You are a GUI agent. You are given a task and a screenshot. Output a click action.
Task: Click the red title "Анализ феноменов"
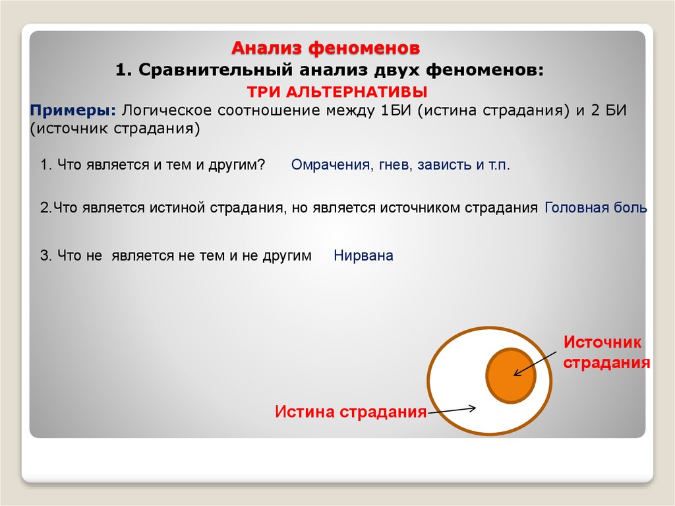(x=325, y=48)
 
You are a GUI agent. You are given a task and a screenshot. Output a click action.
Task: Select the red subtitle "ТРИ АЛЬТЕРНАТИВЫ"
(x=336, y=91)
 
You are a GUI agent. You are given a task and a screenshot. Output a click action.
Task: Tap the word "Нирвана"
(x=363, y=256)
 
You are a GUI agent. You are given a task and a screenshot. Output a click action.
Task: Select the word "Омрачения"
(x=330, y=165)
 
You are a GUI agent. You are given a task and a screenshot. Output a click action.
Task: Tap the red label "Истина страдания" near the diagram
(x=351, y=412)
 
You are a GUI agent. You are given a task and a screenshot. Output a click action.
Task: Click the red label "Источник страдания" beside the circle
(x=606, y=352)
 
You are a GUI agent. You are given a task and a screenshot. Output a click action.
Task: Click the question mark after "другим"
(x=261, y=165)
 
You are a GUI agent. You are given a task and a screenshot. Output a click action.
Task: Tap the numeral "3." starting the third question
(x=46, y=256)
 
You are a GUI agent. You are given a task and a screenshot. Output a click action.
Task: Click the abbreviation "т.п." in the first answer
(x=499, y=165)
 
